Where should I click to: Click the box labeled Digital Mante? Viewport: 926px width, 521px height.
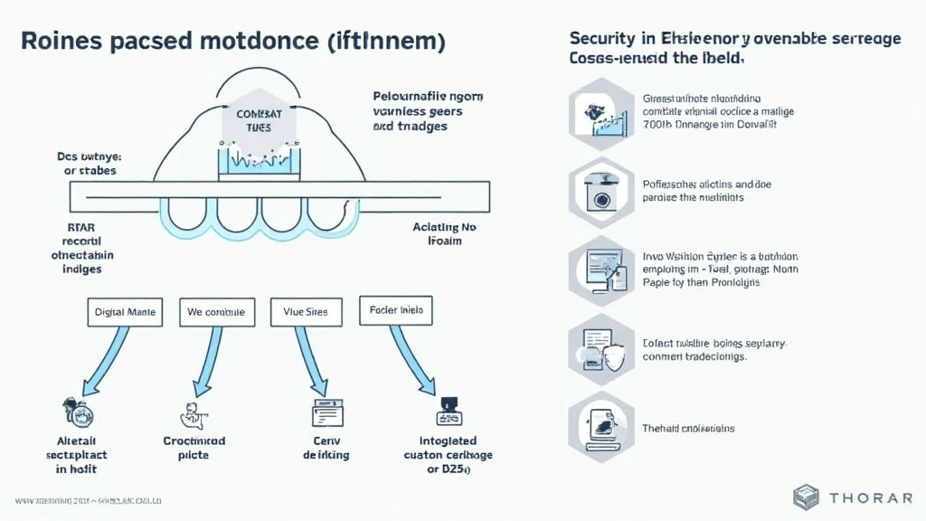(x=125, y=312)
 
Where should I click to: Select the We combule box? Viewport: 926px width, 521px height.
(x=216, y=312)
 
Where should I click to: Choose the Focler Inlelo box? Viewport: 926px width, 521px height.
(x=396, y=310)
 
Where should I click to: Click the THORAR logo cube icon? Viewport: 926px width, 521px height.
(x=807, y=497)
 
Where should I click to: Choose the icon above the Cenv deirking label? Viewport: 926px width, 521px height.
(x=323, y=412)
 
